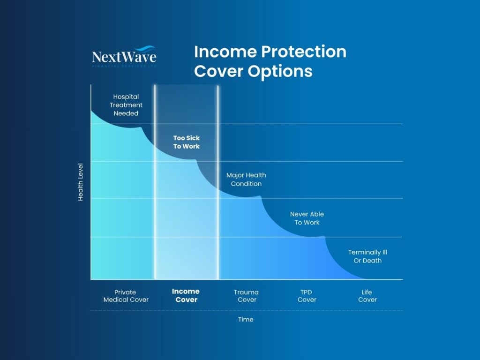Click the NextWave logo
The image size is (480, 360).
point(124,57)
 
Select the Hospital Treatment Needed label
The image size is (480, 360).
point(126,105)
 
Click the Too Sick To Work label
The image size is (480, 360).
point(186,142)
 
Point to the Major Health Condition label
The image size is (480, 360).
point(246,180)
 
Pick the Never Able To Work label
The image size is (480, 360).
point(307,218)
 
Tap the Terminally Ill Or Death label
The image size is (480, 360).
point(367,256)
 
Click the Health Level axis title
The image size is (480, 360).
point(80,182)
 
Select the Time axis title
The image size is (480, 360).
point(246,319)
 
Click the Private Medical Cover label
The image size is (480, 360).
point(126,296)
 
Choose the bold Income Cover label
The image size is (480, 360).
point(186,295)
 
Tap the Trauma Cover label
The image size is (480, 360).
point(247,296)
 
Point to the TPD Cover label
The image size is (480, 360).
point(307,296)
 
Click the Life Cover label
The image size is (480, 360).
point(367,296)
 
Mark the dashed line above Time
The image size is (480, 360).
point(246,311)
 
